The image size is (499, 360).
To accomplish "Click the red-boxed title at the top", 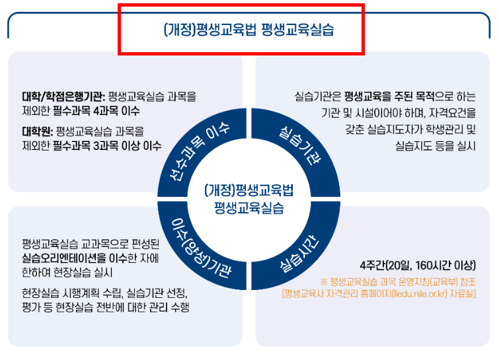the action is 241,30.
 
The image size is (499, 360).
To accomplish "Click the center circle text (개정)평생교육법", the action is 249,191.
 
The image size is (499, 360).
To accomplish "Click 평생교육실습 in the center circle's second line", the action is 249,207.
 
